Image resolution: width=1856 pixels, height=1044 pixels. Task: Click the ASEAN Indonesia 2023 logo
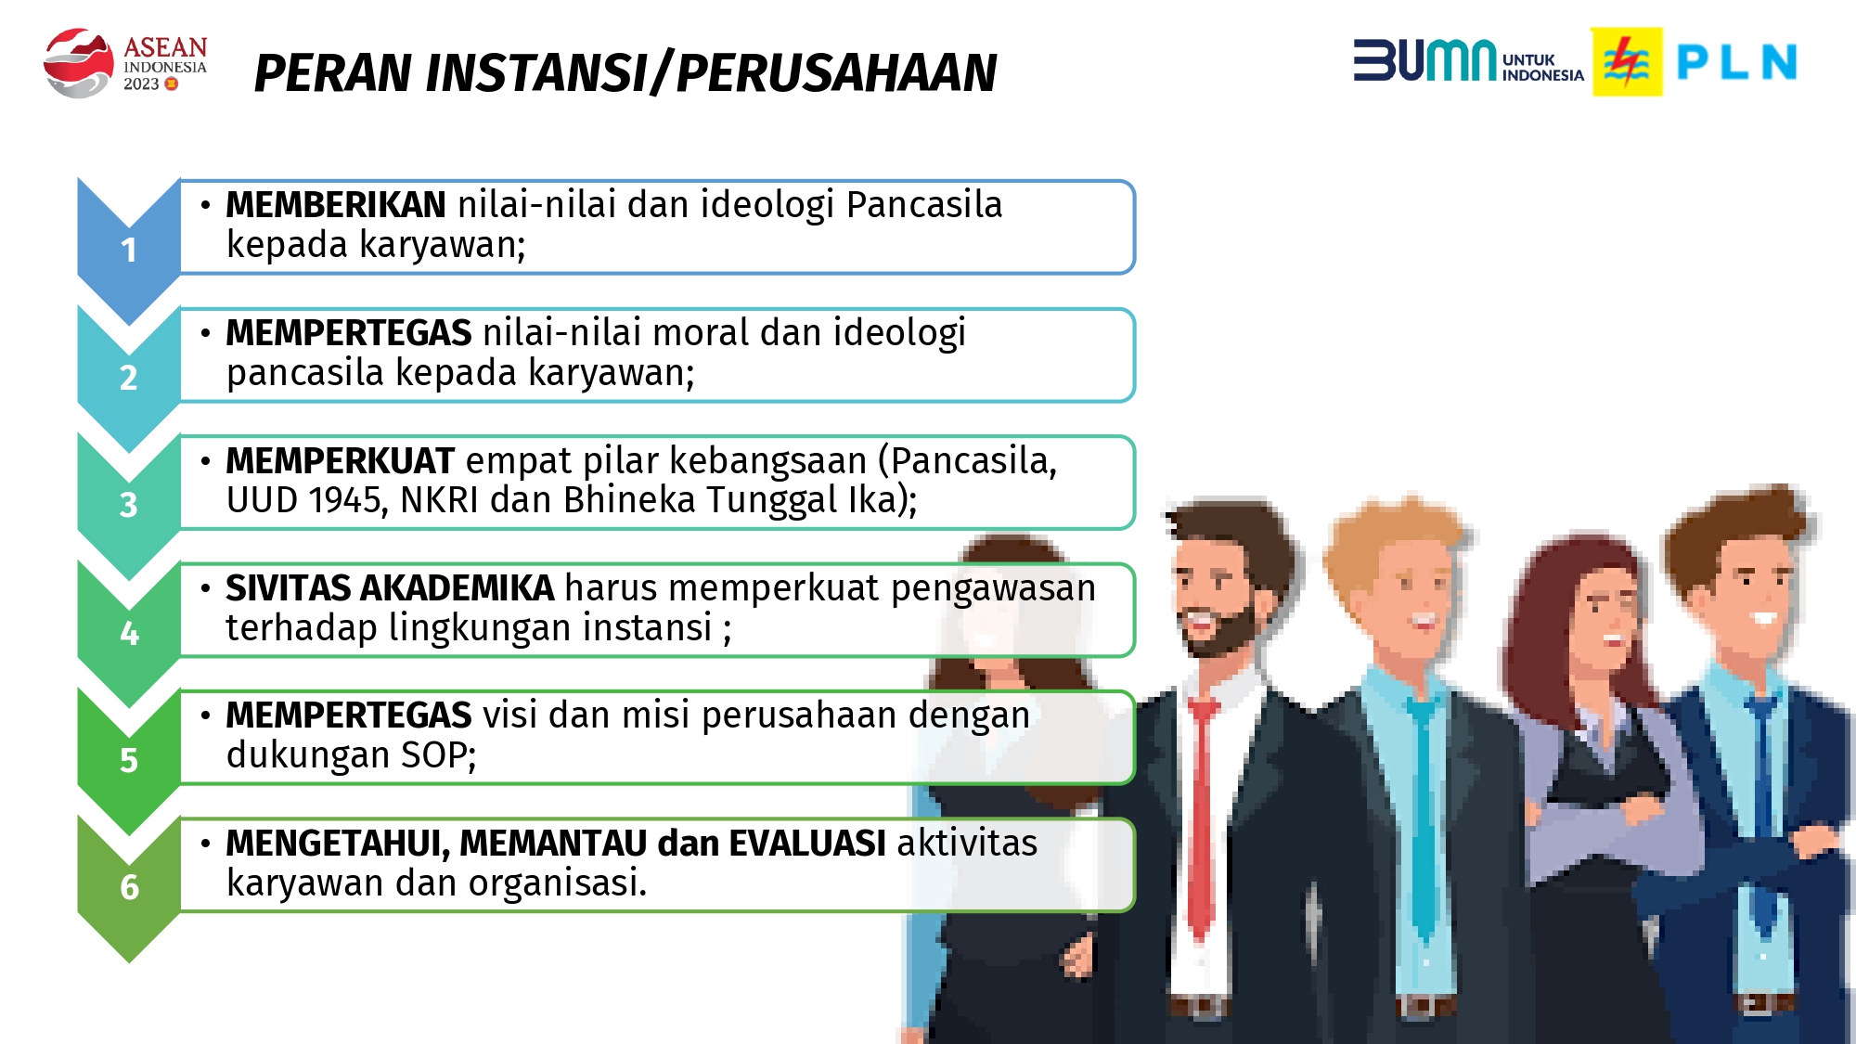125,62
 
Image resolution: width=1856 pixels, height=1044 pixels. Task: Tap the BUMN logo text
1424,61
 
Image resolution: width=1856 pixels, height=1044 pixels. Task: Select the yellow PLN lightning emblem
1627,62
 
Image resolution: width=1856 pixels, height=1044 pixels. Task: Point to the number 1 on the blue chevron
129,251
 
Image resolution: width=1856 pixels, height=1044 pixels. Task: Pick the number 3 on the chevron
129,506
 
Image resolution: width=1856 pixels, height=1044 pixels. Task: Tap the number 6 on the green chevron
129,888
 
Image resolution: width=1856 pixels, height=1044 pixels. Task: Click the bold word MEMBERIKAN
336,205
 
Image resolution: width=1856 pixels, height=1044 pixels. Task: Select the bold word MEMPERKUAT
340,461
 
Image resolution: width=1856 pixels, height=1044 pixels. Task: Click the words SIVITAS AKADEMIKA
390,588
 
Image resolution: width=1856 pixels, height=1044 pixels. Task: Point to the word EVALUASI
806,844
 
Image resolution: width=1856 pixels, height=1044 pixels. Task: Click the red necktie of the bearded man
1202,817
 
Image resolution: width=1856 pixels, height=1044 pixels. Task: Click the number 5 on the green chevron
129,761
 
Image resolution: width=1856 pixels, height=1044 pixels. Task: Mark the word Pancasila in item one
924,205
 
